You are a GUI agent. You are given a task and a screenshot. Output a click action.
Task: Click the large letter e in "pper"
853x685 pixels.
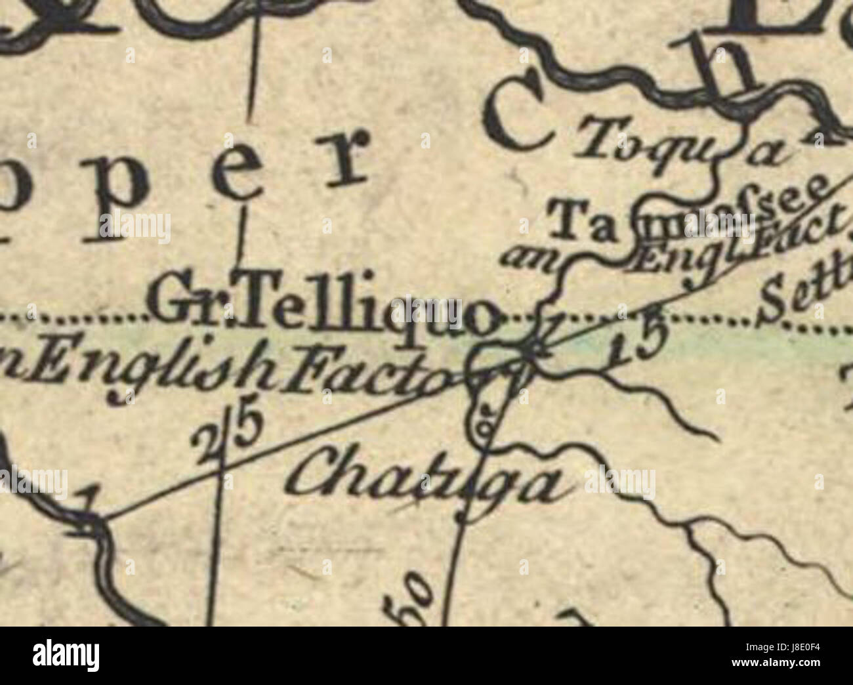click(242, 167)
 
